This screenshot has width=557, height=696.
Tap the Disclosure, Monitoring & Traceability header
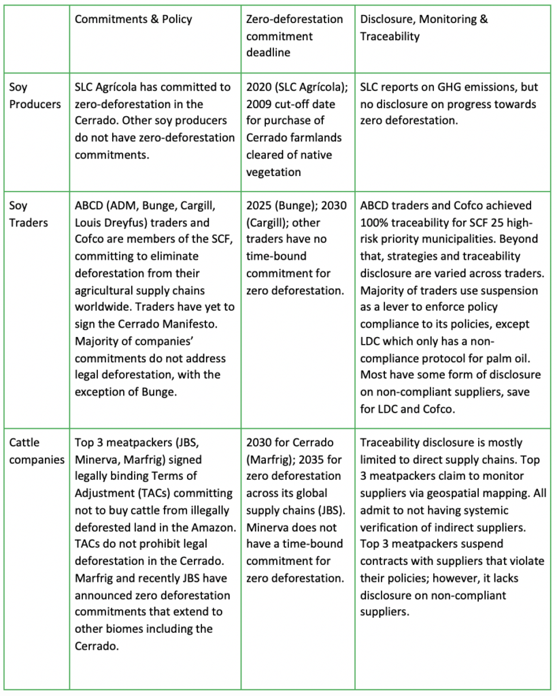point(424,28)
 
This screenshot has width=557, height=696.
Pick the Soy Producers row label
point(35,96)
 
